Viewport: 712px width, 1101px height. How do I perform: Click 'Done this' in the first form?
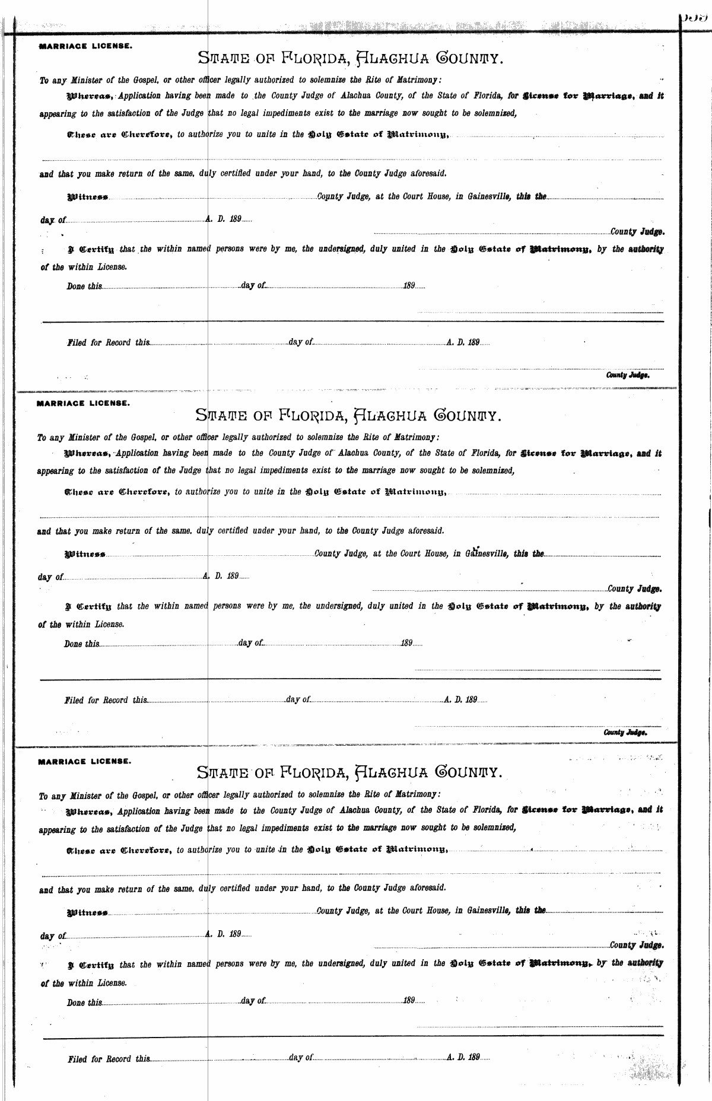(x=84, y=286)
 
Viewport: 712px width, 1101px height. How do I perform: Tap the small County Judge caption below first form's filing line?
(x=627, y=375)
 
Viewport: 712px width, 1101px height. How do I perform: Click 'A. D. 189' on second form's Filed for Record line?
(x=461, y=700)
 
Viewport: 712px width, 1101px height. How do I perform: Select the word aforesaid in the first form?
(x=427, y=174)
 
